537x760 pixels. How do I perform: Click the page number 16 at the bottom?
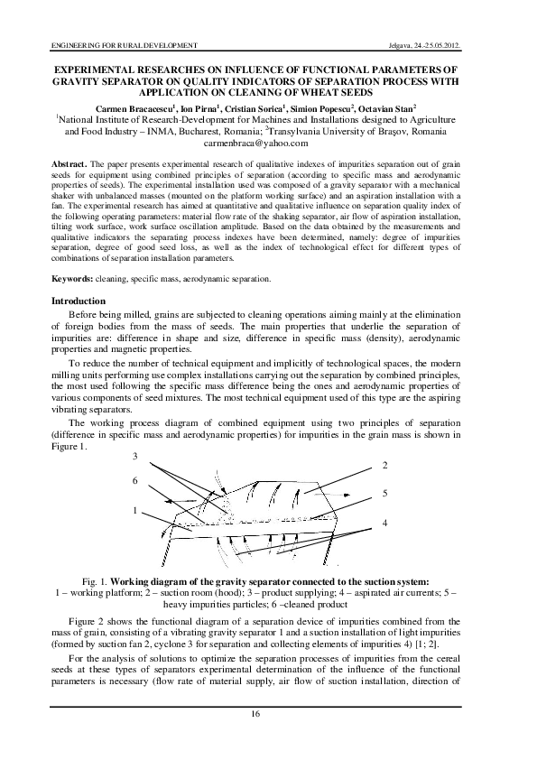(x=268, y=714)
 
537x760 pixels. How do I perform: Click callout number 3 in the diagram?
(x=134, y=455)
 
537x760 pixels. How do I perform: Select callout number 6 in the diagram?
(x=134, y=480)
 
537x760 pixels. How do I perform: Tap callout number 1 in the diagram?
(x=134, y=511)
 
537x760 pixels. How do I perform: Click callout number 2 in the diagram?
(x=385, y=465)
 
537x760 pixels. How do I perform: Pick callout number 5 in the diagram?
(x=385, y=494)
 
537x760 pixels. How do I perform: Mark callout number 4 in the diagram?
(x=385, y=523)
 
